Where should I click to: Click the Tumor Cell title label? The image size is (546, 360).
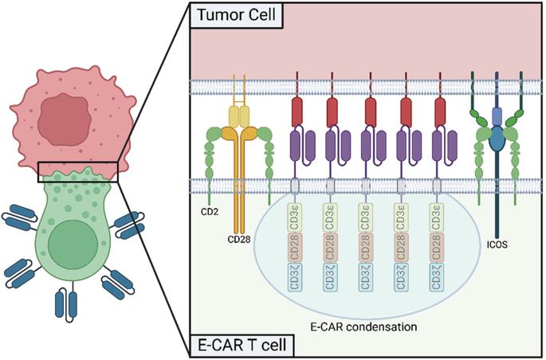click(237, 15)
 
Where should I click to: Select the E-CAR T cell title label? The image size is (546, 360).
click(242, 345)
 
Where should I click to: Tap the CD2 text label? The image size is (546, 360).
click(210, 212)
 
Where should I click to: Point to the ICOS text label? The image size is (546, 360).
click(497, 245)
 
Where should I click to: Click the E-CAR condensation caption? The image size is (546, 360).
click(363, 327)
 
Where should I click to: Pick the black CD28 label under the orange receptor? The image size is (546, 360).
click(239, 239)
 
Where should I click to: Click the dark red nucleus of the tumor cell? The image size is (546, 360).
click(65, 119)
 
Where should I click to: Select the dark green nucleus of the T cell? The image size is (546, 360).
click(73, 245)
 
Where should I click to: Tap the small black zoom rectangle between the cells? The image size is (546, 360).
click(78, 172)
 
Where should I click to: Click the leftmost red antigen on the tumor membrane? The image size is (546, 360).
click(297, 112)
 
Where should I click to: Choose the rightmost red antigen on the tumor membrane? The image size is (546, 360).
click(440, 112)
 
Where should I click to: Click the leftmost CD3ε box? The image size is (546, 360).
click(295, 217)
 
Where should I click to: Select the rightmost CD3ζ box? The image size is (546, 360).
click(437, 277)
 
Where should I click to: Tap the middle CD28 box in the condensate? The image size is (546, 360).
click(365, 248)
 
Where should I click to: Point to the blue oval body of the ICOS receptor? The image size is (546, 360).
click(497, 138)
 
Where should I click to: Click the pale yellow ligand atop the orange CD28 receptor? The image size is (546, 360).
click(239, 117)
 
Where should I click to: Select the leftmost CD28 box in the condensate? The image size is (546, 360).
click(295, 248)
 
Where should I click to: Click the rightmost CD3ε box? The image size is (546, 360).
click(437, 217)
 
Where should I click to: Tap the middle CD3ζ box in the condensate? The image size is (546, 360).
click(365, 277)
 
